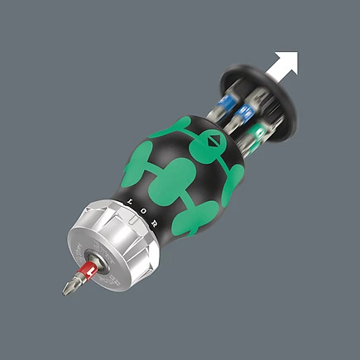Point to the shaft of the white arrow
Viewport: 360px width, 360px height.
point(272,73)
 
